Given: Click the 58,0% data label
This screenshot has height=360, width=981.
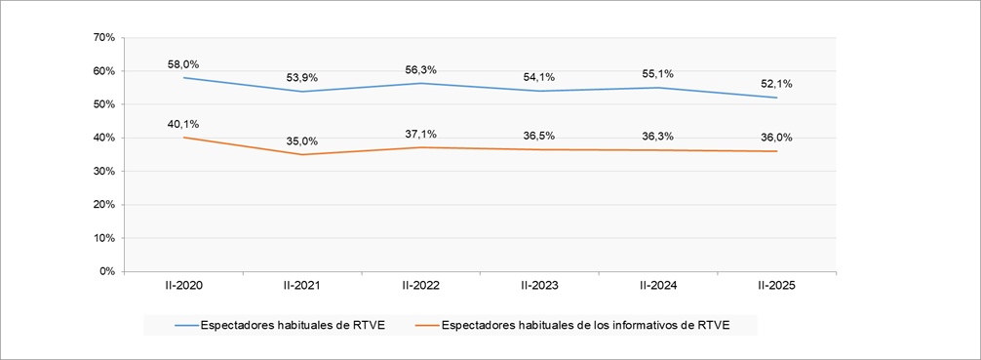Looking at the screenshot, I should (183, 64).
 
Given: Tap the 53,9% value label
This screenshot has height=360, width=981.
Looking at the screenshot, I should (302, 78).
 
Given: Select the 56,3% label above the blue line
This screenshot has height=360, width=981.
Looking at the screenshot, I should (420, 70).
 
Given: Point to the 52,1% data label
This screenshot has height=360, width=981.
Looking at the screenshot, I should (776, 84).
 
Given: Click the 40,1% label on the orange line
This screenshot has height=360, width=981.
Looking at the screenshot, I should (183, 124).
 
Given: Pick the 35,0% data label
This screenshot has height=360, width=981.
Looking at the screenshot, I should (302, 141).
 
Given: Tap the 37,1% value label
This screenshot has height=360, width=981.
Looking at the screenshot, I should (420, 135).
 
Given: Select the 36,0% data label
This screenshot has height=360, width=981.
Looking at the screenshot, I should (776, 138).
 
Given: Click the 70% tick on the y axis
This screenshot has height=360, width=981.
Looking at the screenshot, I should (103, 38).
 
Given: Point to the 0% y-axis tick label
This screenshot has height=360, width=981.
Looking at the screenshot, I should (106, 271).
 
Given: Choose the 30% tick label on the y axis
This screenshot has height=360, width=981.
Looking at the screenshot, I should (103, 172).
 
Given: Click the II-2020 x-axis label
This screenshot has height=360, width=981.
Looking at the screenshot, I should (183, 286).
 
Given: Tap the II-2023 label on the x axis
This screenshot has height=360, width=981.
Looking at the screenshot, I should (539, 286).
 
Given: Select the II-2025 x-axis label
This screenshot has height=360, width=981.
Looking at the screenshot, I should (776, 286).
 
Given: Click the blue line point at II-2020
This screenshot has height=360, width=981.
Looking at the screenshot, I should (183, 78).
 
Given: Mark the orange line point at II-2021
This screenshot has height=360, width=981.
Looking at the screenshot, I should (302, 154).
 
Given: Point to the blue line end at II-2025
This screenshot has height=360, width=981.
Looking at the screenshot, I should (776, 98).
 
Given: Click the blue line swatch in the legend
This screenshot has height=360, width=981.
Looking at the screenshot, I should (186, 326).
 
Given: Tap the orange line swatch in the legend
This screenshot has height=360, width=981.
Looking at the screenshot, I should (427, 326).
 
